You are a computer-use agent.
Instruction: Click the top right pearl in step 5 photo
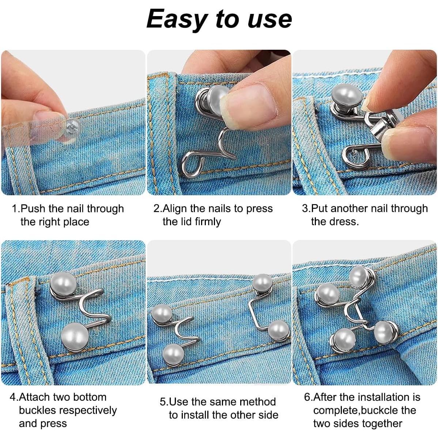(263, 282)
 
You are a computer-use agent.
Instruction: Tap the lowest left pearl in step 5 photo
(172, 354)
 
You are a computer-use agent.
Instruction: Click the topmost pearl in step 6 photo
(359, 276)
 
